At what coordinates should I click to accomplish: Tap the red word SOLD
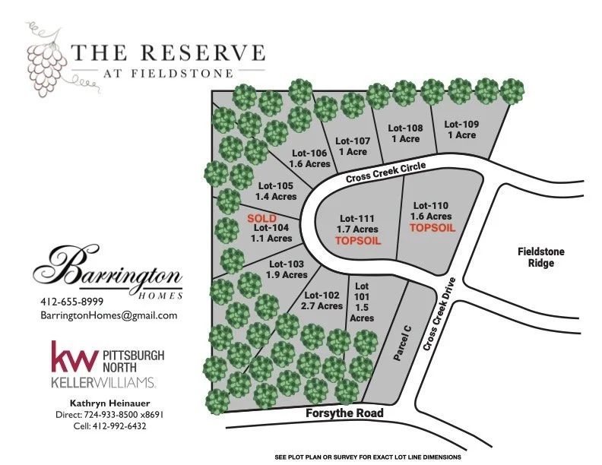coord(262,217)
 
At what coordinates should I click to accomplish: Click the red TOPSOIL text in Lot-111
coord(357,240)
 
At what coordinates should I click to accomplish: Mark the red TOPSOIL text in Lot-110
coord(430,226)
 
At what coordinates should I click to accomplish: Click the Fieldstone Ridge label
coord(541,258)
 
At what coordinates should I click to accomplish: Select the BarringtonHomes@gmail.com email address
coord(109,315)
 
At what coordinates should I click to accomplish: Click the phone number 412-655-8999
coord(72,302)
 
